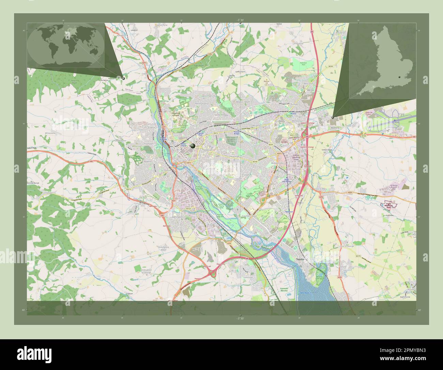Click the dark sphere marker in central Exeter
193,146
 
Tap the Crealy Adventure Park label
388,204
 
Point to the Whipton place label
256,126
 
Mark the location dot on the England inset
400,77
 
